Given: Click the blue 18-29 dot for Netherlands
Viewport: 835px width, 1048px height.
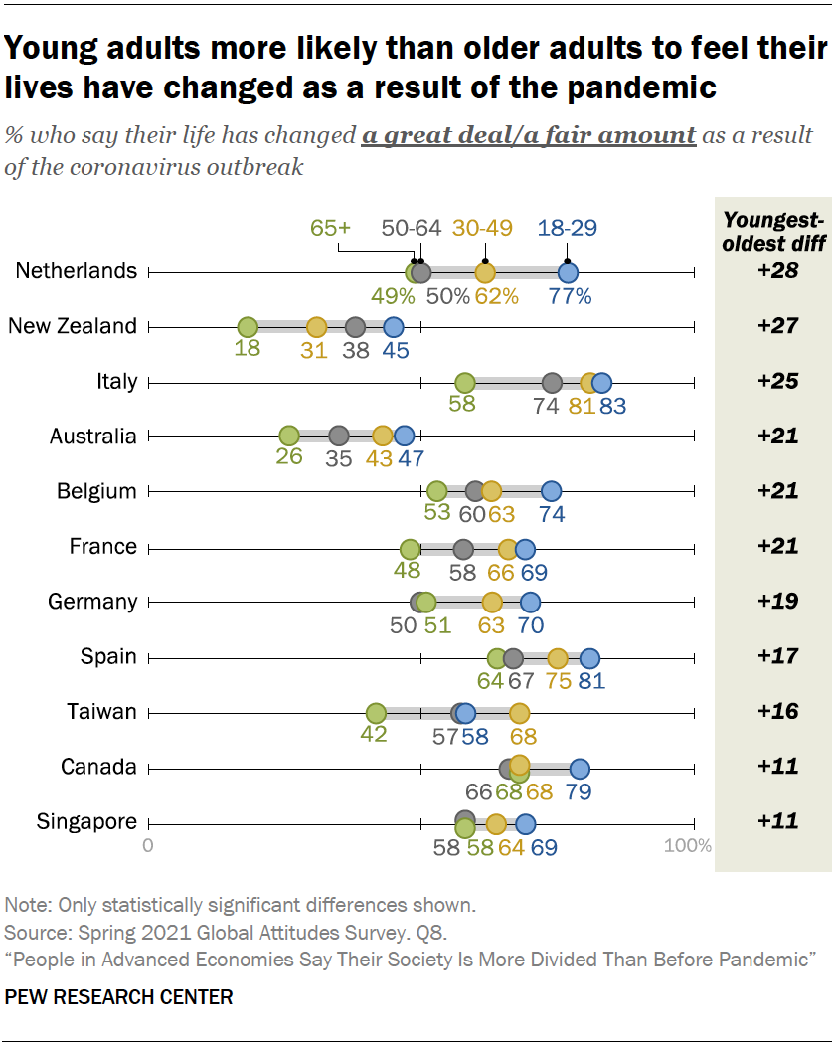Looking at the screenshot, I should pyautogui.click(x=568, y=272).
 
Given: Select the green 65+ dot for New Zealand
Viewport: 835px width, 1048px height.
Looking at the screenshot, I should pyautogui.click(x=248, y=327).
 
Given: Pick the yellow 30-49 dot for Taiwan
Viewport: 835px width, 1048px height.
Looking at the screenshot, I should pyautogui.click(x=519, y=712).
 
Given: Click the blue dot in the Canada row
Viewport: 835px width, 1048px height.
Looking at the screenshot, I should pyautogui.click(x=580, y=768).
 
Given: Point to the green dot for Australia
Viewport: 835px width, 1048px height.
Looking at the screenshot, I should pyautogui.click(x=289, y=437).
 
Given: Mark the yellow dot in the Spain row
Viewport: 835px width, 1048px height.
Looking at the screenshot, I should pyautogui.click(x=558, y=657).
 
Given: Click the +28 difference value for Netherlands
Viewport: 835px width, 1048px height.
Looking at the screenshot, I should pyautogui.click(x=771, y=270).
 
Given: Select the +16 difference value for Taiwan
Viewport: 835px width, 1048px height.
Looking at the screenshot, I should pyautogui.click(x=771, y=711).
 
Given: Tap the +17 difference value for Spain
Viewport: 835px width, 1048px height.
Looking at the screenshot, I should pyautogui.click(x=771, y=656).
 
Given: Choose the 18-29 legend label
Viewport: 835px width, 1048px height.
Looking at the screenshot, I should pyautogui.click(x=567, y=228).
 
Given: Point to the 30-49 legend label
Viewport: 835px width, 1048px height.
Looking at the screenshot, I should pyautogui.click(x=482, y=228).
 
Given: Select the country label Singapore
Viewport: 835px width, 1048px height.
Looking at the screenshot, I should pyautogui.click(x=86, y=821).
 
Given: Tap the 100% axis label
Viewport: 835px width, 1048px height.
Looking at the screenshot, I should pyautogui.click(x=688, y=846).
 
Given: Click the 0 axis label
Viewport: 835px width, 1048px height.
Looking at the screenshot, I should pyautogui.click(x=148, y=846).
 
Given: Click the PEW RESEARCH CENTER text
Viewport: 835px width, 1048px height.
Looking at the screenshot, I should pyautogui.click(x=119, y=996).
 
